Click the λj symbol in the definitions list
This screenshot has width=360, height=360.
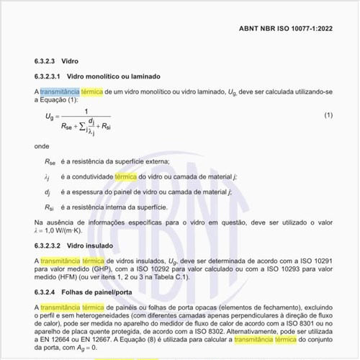(x=47, y=176)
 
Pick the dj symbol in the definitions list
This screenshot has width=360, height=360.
(x=47, y=192)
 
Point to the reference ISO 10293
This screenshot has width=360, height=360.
(x=277, y=269)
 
